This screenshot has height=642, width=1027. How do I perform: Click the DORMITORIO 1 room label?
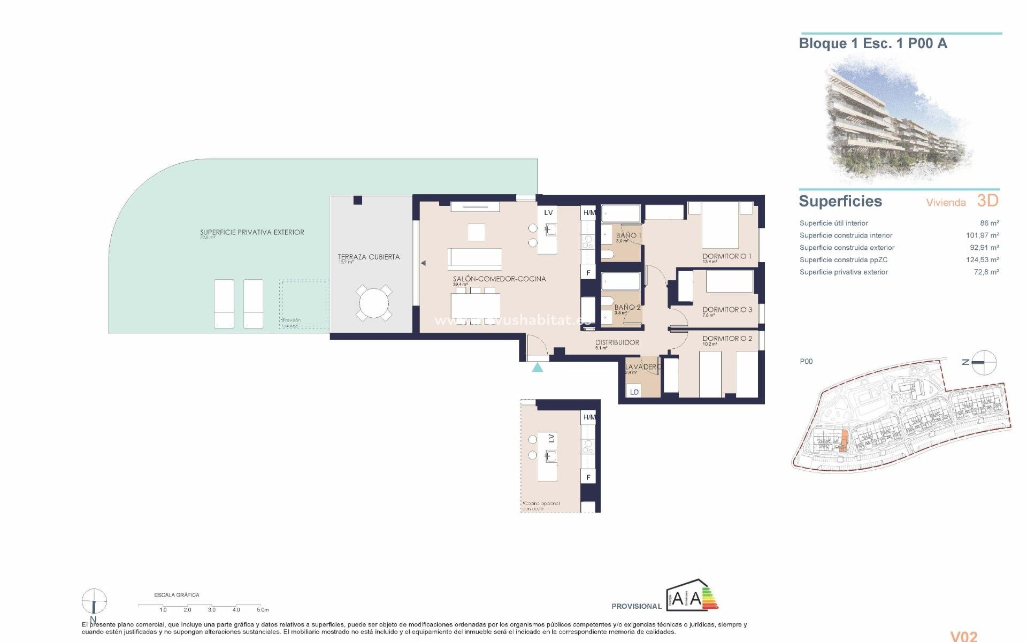[x=726, y=256]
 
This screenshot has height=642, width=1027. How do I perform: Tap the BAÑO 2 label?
[x=627, y=308]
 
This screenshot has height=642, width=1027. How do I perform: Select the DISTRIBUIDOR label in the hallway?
[x=617, y=342]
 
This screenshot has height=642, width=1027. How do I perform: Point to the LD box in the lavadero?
[x=634, y=392]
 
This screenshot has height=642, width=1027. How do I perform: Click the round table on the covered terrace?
[x=374, y=303]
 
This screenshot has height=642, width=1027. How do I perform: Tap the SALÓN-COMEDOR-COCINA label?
[x=499, y=279]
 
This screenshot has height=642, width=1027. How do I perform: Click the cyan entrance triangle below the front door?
[x=538, y=367]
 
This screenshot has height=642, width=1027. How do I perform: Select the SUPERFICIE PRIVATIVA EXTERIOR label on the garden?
[x=252, y=232]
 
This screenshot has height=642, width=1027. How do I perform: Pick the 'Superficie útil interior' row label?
[x=833, y=223]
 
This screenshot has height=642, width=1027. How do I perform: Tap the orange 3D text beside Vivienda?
[x=987, y=201]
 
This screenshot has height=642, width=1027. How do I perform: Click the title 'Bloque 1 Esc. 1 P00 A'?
[x=872, y=44]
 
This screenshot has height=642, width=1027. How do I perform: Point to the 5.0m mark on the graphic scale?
[x=262, y=609]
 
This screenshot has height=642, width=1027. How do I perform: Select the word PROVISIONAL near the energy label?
[x=636, y=606]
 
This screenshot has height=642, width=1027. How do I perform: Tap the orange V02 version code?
[x=963, y=636]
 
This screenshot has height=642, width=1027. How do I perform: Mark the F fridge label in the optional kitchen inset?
[x=588, y=477]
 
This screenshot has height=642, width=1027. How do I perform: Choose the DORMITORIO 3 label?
[x=727, y=310]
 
